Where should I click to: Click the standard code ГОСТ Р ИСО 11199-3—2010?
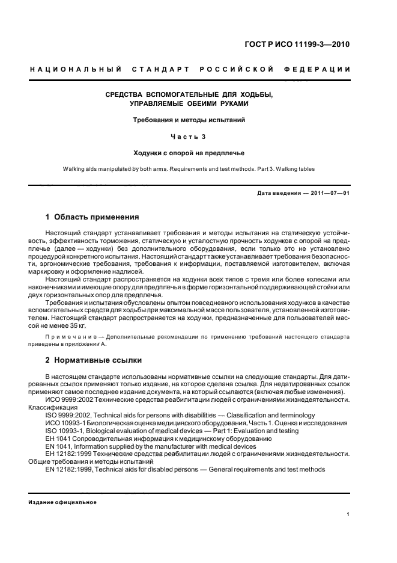tap(305, 45)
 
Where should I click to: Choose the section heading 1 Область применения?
tap(92, 217)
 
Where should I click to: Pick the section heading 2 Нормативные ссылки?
tap(94, 360)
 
